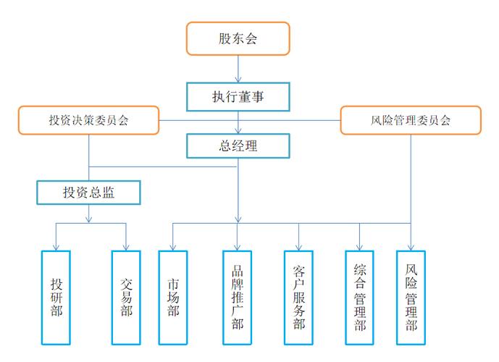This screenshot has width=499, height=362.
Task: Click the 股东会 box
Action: pos(238,38)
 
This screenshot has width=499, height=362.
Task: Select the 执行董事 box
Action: pos(238,95)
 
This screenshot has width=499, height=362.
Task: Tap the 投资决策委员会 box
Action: pos(88,119)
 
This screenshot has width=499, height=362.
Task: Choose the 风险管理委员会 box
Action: pos(411,119)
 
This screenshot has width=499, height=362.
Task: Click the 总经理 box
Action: pos(238,145)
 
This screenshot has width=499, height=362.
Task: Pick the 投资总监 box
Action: pos(88,192)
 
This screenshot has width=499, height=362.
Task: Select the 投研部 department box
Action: pos(56,297)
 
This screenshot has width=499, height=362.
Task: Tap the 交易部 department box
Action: pos(127,297)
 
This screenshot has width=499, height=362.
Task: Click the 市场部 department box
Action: pos(172,297)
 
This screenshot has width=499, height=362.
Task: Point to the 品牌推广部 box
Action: pos(237,297)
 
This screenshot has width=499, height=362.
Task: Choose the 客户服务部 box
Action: pos(298,297)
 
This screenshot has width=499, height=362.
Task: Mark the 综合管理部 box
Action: pos(360,297)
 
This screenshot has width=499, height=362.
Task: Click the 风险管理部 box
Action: pos(411,297)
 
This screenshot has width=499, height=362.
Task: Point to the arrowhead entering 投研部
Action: pos(56,247)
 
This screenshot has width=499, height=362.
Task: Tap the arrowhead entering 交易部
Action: pos(127,247)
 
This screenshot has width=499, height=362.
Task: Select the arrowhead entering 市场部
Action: pos(172,247)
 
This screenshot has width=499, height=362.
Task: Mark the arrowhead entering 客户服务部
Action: pos(298,247)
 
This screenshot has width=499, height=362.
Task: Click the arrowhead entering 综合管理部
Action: pos(360,247)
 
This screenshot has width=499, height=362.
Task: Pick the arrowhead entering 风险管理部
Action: pos(411,247)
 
